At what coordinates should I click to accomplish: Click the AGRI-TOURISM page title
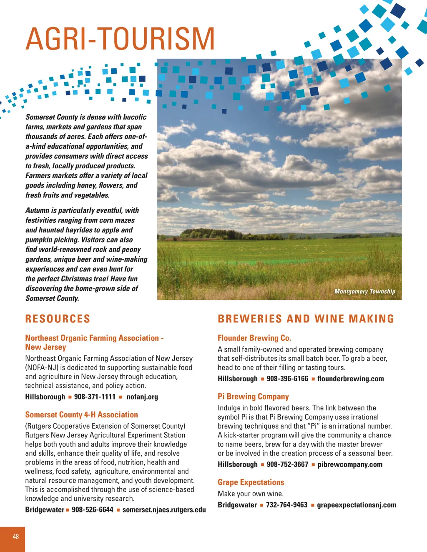120,39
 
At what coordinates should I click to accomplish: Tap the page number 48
16,537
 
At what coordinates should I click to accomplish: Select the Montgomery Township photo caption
364,292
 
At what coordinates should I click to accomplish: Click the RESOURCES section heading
58,319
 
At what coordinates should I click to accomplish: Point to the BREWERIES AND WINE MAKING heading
306,319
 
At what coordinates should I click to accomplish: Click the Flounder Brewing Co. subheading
254,338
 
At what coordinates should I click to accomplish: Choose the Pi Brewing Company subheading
253,397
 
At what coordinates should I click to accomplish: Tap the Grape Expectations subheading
251,482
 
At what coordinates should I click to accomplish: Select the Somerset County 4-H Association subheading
81,415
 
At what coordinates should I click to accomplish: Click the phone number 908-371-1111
95,397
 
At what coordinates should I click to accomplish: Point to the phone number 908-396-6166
287,379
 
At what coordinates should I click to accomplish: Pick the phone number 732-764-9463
286,505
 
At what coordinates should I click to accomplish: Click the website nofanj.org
142,397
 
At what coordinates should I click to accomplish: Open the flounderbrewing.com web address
350,379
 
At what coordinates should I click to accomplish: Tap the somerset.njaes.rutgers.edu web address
164,510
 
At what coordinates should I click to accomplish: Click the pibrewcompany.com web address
350,465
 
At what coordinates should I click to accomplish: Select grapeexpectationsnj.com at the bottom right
357,505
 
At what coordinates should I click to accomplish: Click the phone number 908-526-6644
93,510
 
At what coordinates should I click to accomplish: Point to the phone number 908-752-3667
287,465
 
